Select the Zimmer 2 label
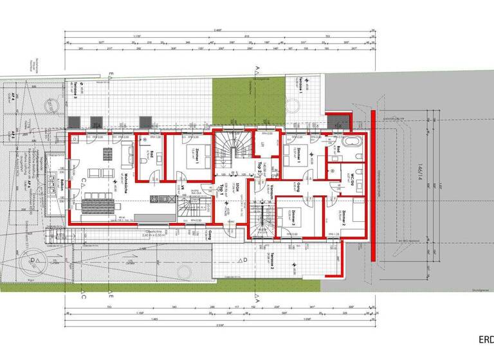pos(345,218)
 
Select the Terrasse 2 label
pos(272,260)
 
